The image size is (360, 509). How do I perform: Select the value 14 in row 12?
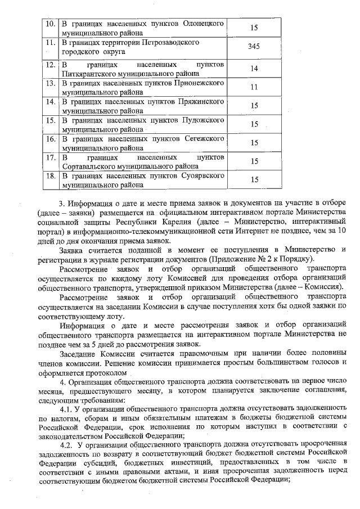pyautogui.click(x=254, y=69)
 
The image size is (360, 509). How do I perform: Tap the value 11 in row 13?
pyautogui.click(x=254, y=87)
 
